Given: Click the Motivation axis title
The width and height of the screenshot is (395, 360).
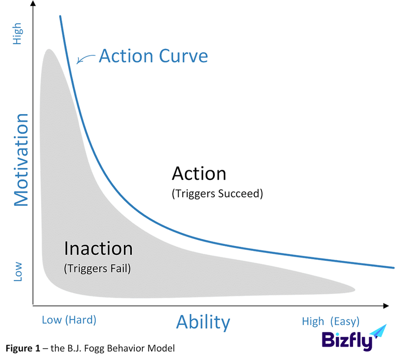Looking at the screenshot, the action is pos(21,160).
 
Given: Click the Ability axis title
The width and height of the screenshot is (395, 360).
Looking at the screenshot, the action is pos(203,322).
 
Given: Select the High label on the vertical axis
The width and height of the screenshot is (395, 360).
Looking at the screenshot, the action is pos(18,34).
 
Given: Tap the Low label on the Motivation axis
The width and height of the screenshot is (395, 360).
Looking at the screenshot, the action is pos(18,271).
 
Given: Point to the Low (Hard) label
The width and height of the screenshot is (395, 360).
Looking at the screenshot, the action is pos(69,320).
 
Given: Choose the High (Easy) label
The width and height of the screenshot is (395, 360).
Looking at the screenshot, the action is pos(330,321).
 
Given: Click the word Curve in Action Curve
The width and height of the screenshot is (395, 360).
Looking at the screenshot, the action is pos(183,56).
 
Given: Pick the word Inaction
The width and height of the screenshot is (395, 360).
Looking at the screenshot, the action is pos(98,248).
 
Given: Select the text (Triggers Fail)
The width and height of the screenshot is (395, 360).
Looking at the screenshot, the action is pos(97,269).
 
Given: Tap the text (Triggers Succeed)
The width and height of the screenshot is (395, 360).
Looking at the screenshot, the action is pos(217,194).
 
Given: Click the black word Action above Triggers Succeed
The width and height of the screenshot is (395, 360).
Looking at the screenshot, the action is pos(199,173).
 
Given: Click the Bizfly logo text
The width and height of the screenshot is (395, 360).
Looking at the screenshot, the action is pos(347,341).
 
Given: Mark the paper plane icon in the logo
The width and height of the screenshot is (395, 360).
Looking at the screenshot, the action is pos(379,331).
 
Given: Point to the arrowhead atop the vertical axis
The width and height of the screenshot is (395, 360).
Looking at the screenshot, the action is pos(33,3).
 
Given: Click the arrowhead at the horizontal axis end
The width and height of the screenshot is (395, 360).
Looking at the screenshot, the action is pos(386,306).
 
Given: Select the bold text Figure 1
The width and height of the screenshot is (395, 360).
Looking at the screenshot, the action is pos(23,348).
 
